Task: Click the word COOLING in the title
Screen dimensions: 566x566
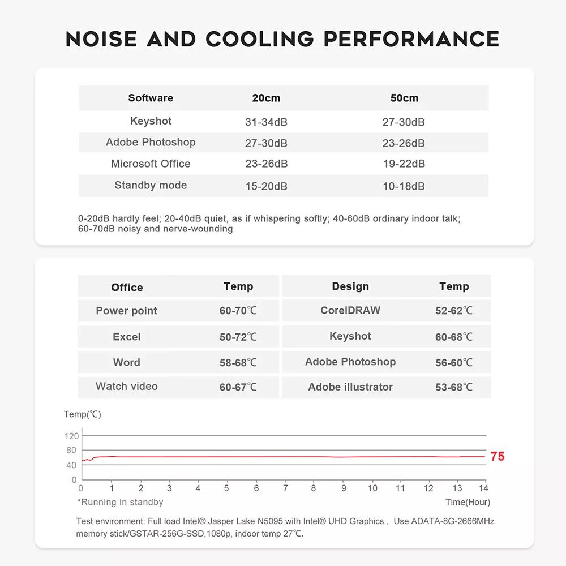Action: pyautogui.click(x=259, y=39)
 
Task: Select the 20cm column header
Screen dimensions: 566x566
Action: pyautogui.click(x=266, y=98)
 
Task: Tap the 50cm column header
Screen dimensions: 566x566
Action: pyautogui.click(x=404, y=98)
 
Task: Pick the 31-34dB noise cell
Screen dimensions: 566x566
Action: pyautogui.click(x=266, y=122)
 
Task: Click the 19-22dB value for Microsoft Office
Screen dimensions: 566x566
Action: pyautogui.click(x=404, y=164)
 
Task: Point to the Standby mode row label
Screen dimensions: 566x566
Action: pyautogui.click(x=151, y=185)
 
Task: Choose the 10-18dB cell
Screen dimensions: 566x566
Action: pyautogui.click(x=404, y=186)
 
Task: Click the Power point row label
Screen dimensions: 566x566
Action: pyautogui.click(x=126, y=311)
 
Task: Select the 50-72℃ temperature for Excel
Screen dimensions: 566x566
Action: pyautogui.click(x=238, y=337)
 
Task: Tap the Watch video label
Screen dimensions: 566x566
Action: pyautogui.click(x=126, y=387)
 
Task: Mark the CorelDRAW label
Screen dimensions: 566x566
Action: pyautogui.click(x=350, y=310)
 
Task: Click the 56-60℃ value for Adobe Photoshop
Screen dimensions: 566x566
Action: pyautogui.click(x=454, y=363)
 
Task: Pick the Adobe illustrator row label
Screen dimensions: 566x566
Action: pyautogui.click(x=350, y=387)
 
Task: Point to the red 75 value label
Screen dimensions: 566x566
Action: pyautogui.click(x=498, y=457)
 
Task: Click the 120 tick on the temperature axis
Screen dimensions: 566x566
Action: pyautogui.click(x=72, y=436)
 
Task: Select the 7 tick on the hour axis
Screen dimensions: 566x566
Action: pyautogui.click(x=285, y=488)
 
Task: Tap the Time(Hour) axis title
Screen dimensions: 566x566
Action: pyautogui.click(x=468, y=502)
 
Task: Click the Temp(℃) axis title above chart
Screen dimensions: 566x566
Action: pyautogui.click(x=82, y=414)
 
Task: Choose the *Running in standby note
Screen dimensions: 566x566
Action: pyautogui.click(x=120, y=502)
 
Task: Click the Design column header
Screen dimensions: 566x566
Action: pyautogui.click(x=350, y=286)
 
